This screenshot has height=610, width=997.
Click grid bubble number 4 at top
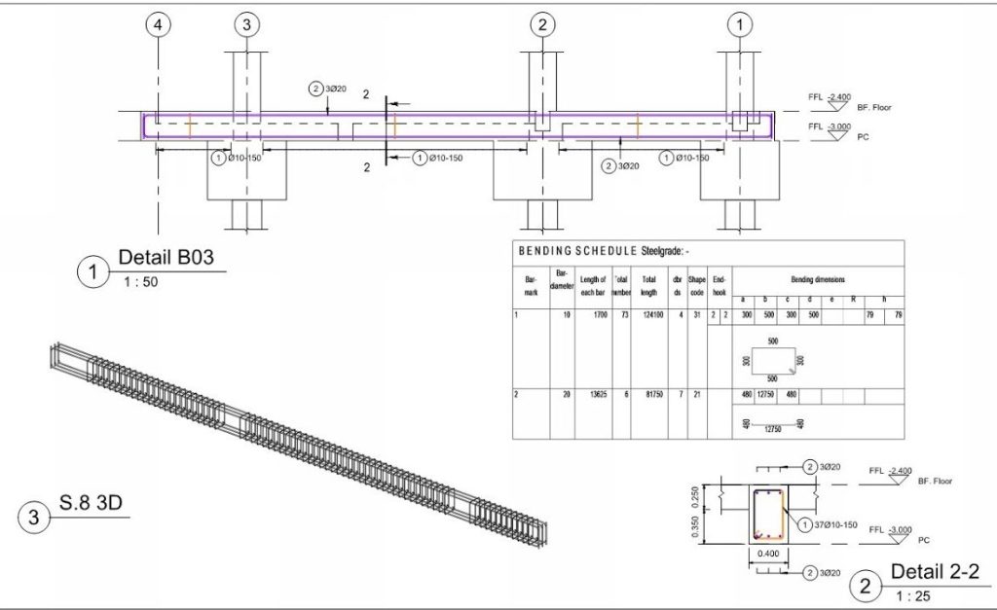pyautogui.click(x=160, y=25)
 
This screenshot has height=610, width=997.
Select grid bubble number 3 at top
pyautogui.click(x=247, y=25)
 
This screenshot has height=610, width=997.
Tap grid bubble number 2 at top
pyautogui.click(x=542, y=25)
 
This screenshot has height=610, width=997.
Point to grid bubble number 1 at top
pyautogui.click(x=743, y=25)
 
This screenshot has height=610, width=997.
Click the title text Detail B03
pyautogui.click(x=166, y=258)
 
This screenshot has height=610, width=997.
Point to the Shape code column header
pyautogui.click(x=697, y=285)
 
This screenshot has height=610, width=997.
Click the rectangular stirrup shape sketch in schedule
pyautogui.click(x=775, y=360)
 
